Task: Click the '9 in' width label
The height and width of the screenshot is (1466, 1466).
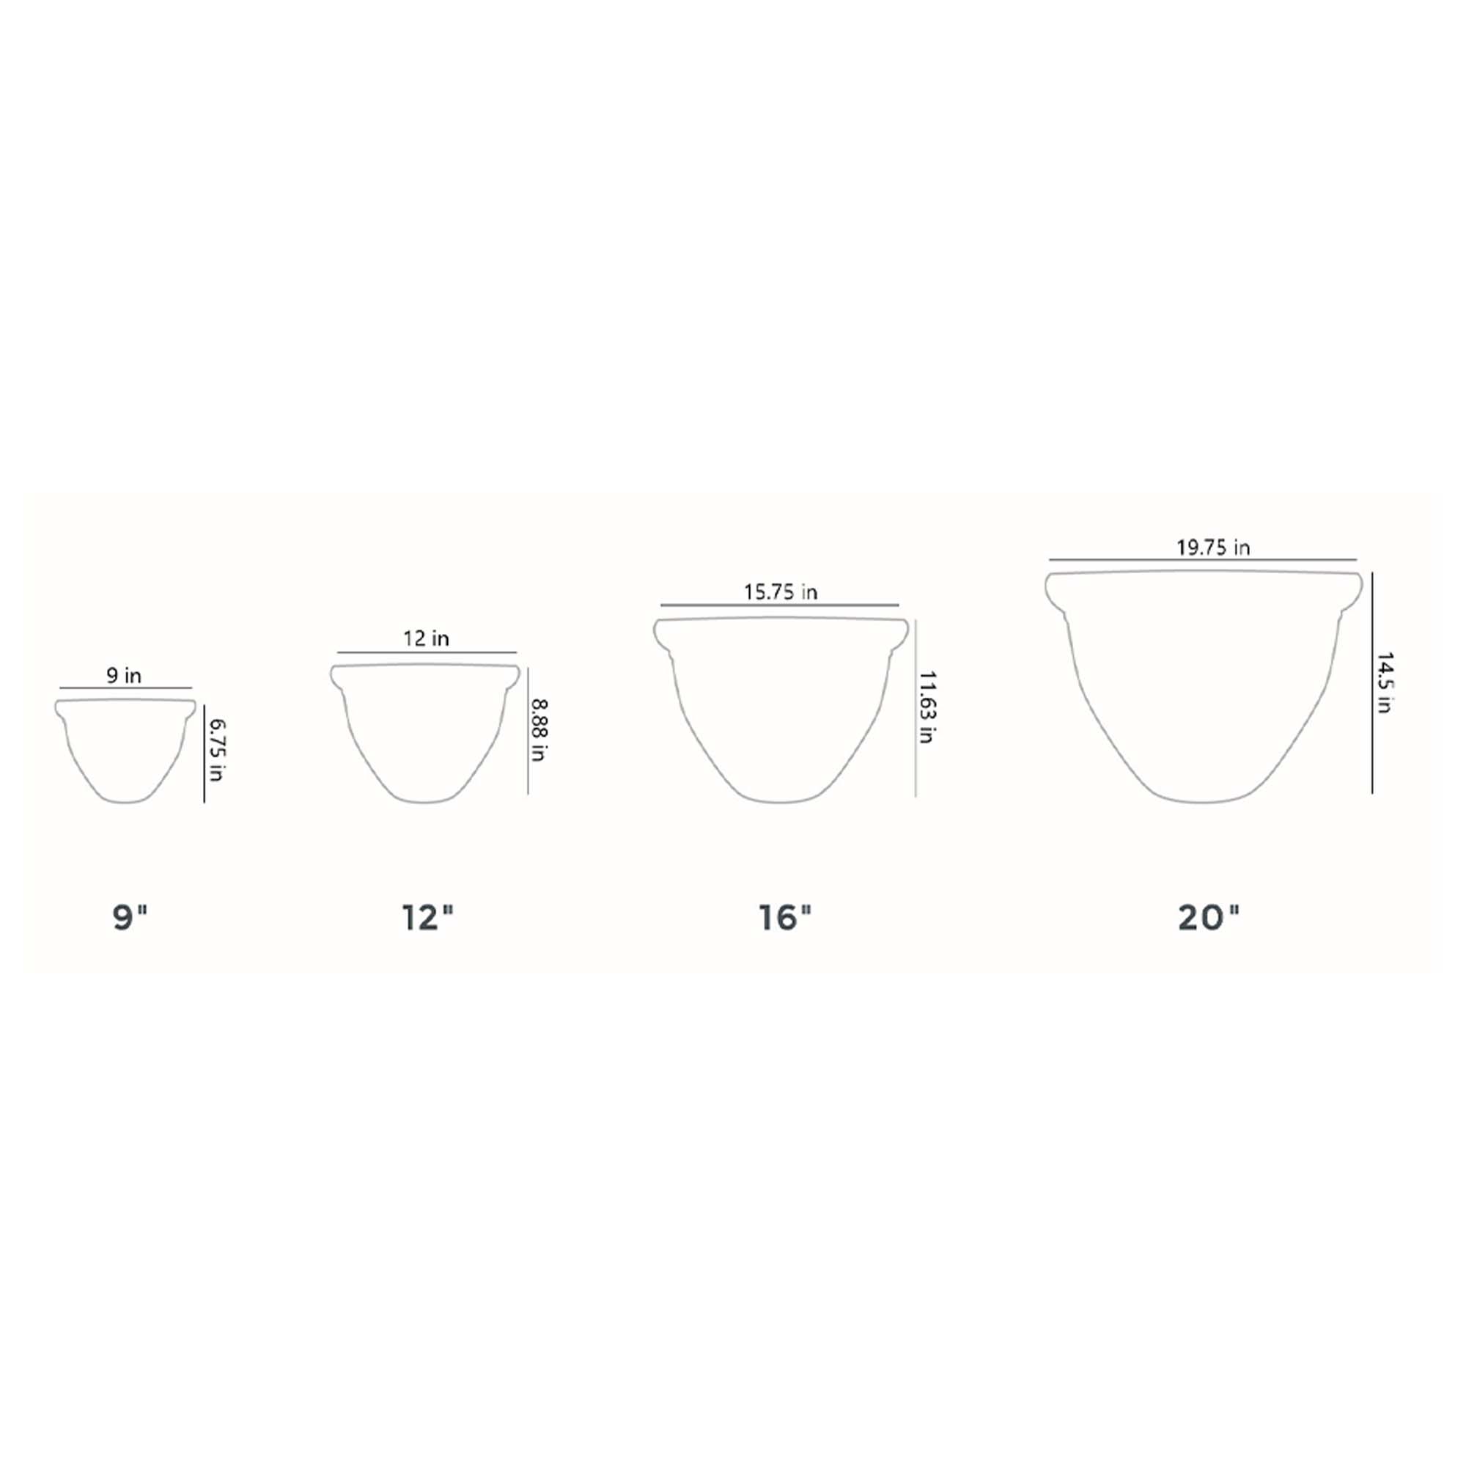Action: coord(124,675)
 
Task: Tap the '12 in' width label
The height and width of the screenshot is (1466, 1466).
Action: coord(426,639)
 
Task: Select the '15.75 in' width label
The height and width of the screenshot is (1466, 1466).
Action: coord(780,592)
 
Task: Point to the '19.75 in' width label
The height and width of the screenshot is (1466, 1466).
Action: coord(1212,547)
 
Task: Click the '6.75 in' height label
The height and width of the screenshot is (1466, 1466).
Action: coord(217,751)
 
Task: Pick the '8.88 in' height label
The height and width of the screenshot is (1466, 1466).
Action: coord(539,730)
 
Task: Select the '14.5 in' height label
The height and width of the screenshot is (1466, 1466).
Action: coord(1384,682)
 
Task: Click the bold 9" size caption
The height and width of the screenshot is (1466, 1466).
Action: coord(130,918)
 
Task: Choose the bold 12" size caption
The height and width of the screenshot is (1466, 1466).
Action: coord(428,918)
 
